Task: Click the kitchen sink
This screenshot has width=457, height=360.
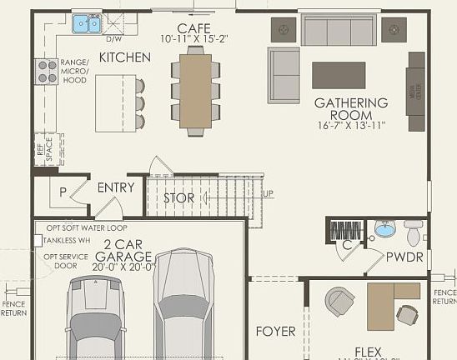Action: [x=86, y=24]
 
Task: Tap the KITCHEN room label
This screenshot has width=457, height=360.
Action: [x=125, y=57]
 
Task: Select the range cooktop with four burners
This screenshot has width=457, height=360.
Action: [x=46, y=71]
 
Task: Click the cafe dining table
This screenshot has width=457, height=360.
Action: [x=195, y=89]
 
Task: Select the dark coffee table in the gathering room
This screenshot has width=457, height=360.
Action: [x=339, y=75]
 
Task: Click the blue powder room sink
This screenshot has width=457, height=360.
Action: [x=384, y=228]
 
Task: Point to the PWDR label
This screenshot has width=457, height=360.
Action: [x=405, y=258]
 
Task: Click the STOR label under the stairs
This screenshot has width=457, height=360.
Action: [x=178, y=198]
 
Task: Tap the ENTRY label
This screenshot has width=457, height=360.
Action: [x=116, y=187]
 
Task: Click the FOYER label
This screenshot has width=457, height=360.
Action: [x=275, y=331]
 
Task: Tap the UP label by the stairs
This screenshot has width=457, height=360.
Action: [x=268, y=193]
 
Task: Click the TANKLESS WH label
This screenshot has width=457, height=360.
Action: [x=69, y=240]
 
